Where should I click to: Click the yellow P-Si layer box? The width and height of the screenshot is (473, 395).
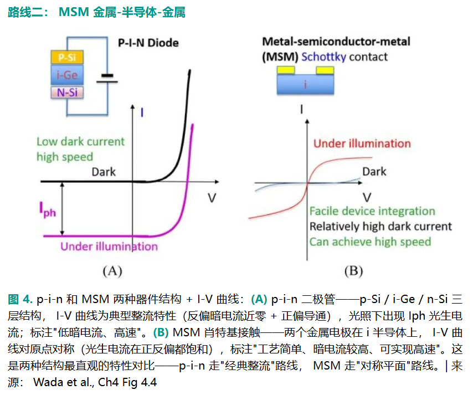click(67, 57)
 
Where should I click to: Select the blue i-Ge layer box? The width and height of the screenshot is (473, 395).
click(67, 75)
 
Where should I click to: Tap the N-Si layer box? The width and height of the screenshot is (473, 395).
click(67, 93)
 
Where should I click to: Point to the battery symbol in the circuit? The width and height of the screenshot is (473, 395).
click(107, 79)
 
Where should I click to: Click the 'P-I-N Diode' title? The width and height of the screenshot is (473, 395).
click(148, 43)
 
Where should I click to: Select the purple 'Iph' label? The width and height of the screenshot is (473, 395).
click(48, 210)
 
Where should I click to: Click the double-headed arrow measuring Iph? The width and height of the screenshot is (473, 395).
click(62, 208)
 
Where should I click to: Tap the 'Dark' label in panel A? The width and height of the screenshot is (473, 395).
click(104, 172)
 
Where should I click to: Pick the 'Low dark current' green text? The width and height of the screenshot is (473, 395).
click(80, 141)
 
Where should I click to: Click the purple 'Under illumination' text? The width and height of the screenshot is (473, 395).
click(109, 247)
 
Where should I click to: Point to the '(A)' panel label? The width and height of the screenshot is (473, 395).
click(112, 271)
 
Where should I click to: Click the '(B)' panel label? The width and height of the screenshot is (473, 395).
click(353, 271)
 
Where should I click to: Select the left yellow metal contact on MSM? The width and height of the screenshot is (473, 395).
click(286, 70)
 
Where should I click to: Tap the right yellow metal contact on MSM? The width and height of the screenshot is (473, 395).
click(325, 70)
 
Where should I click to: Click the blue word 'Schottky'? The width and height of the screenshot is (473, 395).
click(323, 57)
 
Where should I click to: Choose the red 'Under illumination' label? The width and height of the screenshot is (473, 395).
click(362, 143)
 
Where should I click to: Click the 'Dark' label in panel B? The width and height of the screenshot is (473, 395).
click(374, 172)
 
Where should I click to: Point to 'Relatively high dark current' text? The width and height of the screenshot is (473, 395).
click(381, 227)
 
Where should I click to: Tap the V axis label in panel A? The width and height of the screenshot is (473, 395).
click(212, 198)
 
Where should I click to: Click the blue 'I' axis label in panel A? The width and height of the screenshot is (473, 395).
click(142, 112)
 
